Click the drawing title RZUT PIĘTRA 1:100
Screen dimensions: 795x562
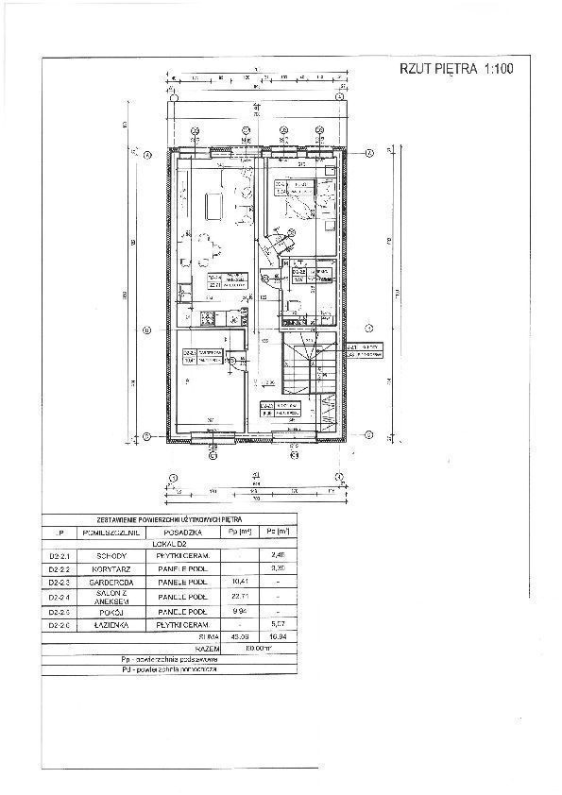(x=455, y=69)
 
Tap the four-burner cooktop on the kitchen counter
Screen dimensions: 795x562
(x=213, y=316)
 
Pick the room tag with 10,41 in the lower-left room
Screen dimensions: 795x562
(x=195, y=357)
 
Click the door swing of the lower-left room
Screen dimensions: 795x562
(x=230, y=361)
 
